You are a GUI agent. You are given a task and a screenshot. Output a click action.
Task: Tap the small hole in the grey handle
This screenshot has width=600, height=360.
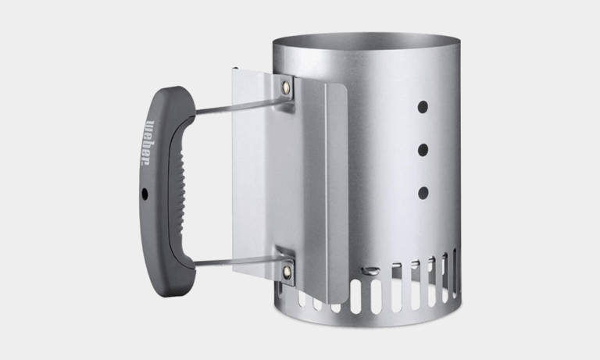point(145,194)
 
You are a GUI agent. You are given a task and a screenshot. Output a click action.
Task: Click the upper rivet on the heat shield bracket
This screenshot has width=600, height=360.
point(286,87)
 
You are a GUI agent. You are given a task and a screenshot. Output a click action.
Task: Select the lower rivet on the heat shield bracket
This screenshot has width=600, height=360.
point(287,271)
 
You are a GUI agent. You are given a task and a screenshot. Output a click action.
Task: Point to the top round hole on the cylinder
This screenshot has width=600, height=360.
point(423,107)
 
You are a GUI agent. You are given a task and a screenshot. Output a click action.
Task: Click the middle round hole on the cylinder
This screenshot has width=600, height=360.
point(423,150)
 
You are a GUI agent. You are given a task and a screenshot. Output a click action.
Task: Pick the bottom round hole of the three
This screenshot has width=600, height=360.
point(423,193)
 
